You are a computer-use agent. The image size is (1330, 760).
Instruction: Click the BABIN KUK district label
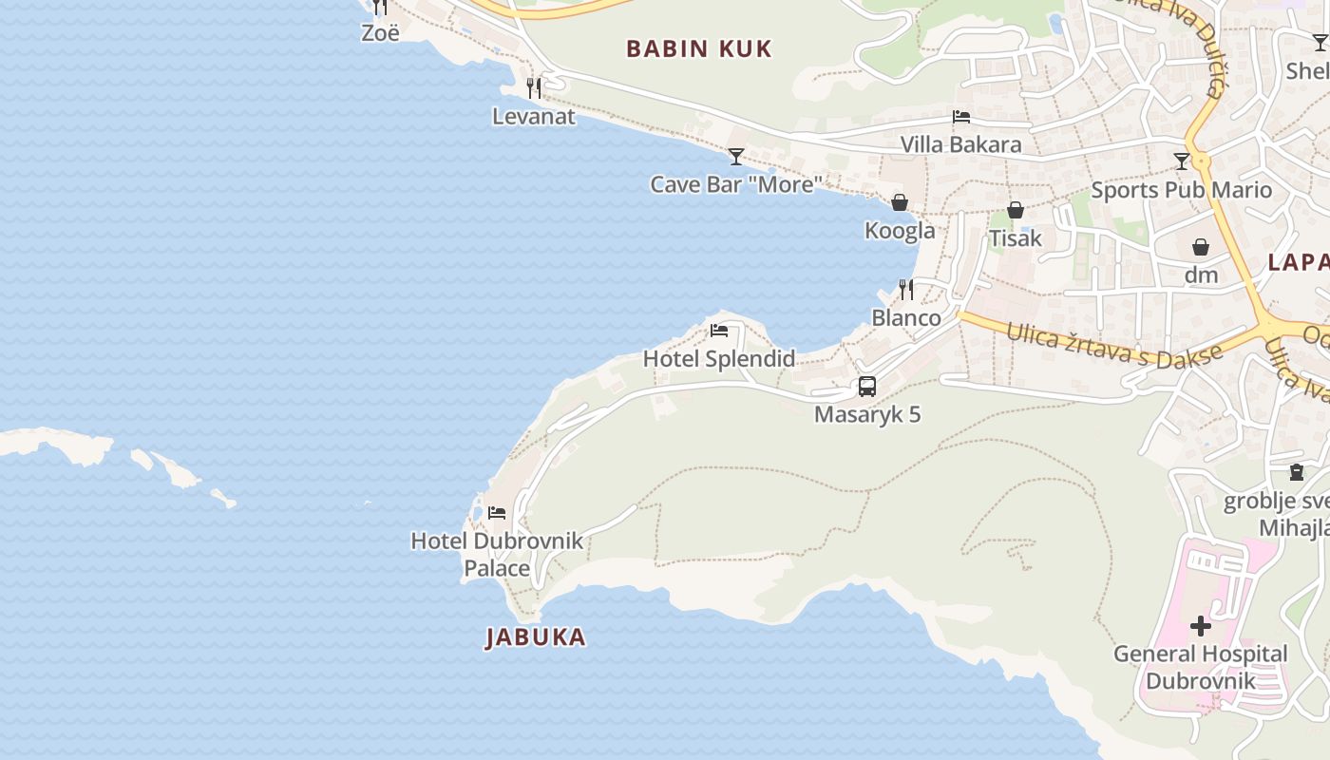pyautogui.click(x=698, y=49)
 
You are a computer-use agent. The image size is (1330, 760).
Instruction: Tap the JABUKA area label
pyautogui.click(x=536, y=636)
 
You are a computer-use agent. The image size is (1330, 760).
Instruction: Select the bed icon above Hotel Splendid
pyautogui.click(x=719, y=331)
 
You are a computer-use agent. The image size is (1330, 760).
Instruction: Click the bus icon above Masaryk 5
pyautogui.click(x=866, y=387)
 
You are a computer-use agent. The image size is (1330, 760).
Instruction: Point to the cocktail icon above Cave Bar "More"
pyautogui.click(x=736, y=157)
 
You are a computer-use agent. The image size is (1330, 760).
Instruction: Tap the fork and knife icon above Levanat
pyautogui.click(x=534, y=88)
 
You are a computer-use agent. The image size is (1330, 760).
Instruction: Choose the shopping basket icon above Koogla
pyautogui.click(x=899, y=202)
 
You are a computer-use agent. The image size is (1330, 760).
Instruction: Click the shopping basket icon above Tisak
pyautogui.click(x=1016, y=210)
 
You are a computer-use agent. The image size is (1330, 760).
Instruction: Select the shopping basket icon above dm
pyautogui.click(x=1201, y=247)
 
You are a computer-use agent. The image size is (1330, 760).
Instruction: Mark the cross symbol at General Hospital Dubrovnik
pyautogui.click(x=1201, y=625)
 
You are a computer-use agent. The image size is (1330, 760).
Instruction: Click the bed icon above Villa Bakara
pyautogui.click(x=961, y=117)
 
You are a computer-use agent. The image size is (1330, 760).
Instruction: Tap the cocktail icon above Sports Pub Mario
pyautogui.click(x=1182, y=161)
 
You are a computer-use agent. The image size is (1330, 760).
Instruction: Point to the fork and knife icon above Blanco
pyautogui.click(x=906, y=289)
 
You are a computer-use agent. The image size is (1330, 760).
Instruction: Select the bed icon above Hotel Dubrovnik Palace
pyautogui.click(x=497, y=513)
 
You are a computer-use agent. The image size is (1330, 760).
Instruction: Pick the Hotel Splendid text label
pyautogui.click(x=719, y=359)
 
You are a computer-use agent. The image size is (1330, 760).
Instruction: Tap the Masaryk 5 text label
pyautogui.click(x=867, y=414)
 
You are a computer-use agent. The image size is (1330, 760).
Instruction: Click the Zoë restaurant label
pyautogui.click(x=380, y=32)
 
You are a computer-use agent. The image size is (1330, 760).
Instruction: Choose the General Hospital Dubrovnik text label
pyautogui.click(x=1201, y=667)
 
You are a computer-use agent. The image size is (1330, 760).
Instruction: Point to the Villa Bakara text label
pyautogui.click(x=961, y=144)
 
